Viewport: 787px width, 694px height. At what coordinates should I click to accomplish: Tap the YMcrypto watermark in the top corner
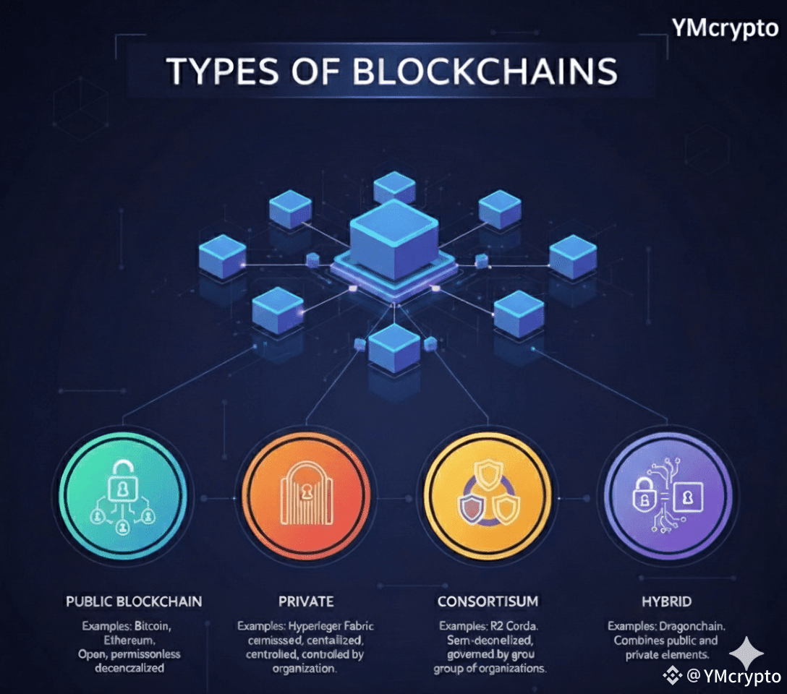(724, 30)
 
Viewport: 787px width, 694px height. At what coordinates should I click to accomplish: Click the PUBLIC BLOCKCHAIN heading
(134, 601)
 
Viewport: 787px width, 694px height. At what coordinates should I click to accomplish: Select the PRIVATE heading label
(305, 601)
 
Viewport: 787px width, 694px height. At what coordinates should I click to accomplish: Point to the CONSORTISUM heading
(488, 601)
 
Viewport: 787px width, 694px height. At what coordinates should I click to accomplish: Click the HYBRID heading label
(666, 601)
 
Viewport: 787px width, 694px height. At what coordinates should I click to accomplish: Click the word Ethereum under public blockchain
(135, 639)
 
